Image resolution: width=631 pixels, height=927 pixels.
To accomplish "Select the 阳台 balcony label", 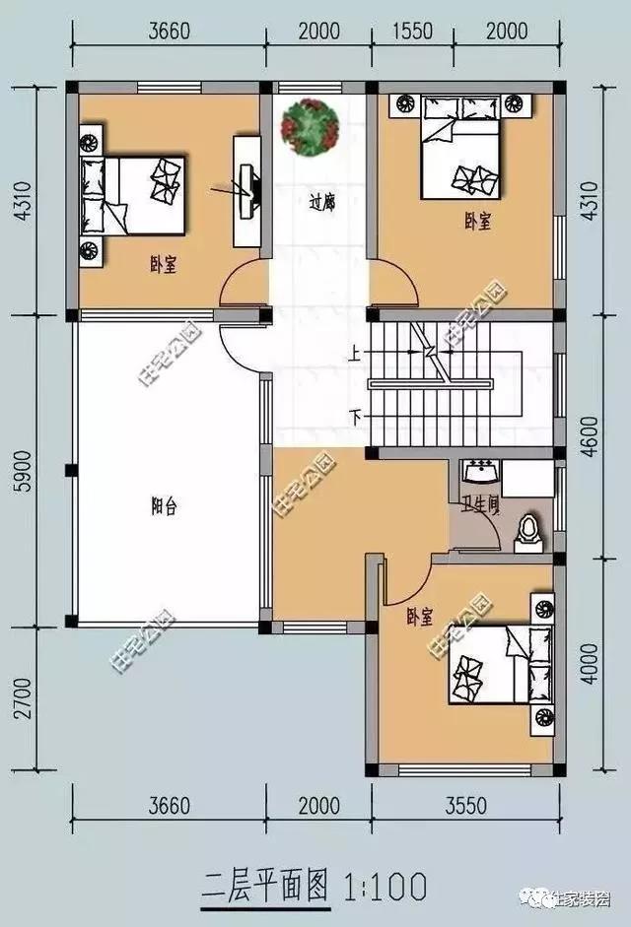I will [164, 507].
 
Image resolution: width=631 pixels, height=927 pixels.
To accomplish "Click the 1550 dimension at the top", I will [412, 31].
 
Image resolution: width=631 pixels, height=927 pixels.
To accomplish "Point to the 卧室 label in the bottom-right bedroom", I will [420, 618].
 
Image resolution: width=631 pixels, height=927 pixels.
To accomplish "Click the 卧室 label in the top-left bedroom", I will [163, 265].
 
